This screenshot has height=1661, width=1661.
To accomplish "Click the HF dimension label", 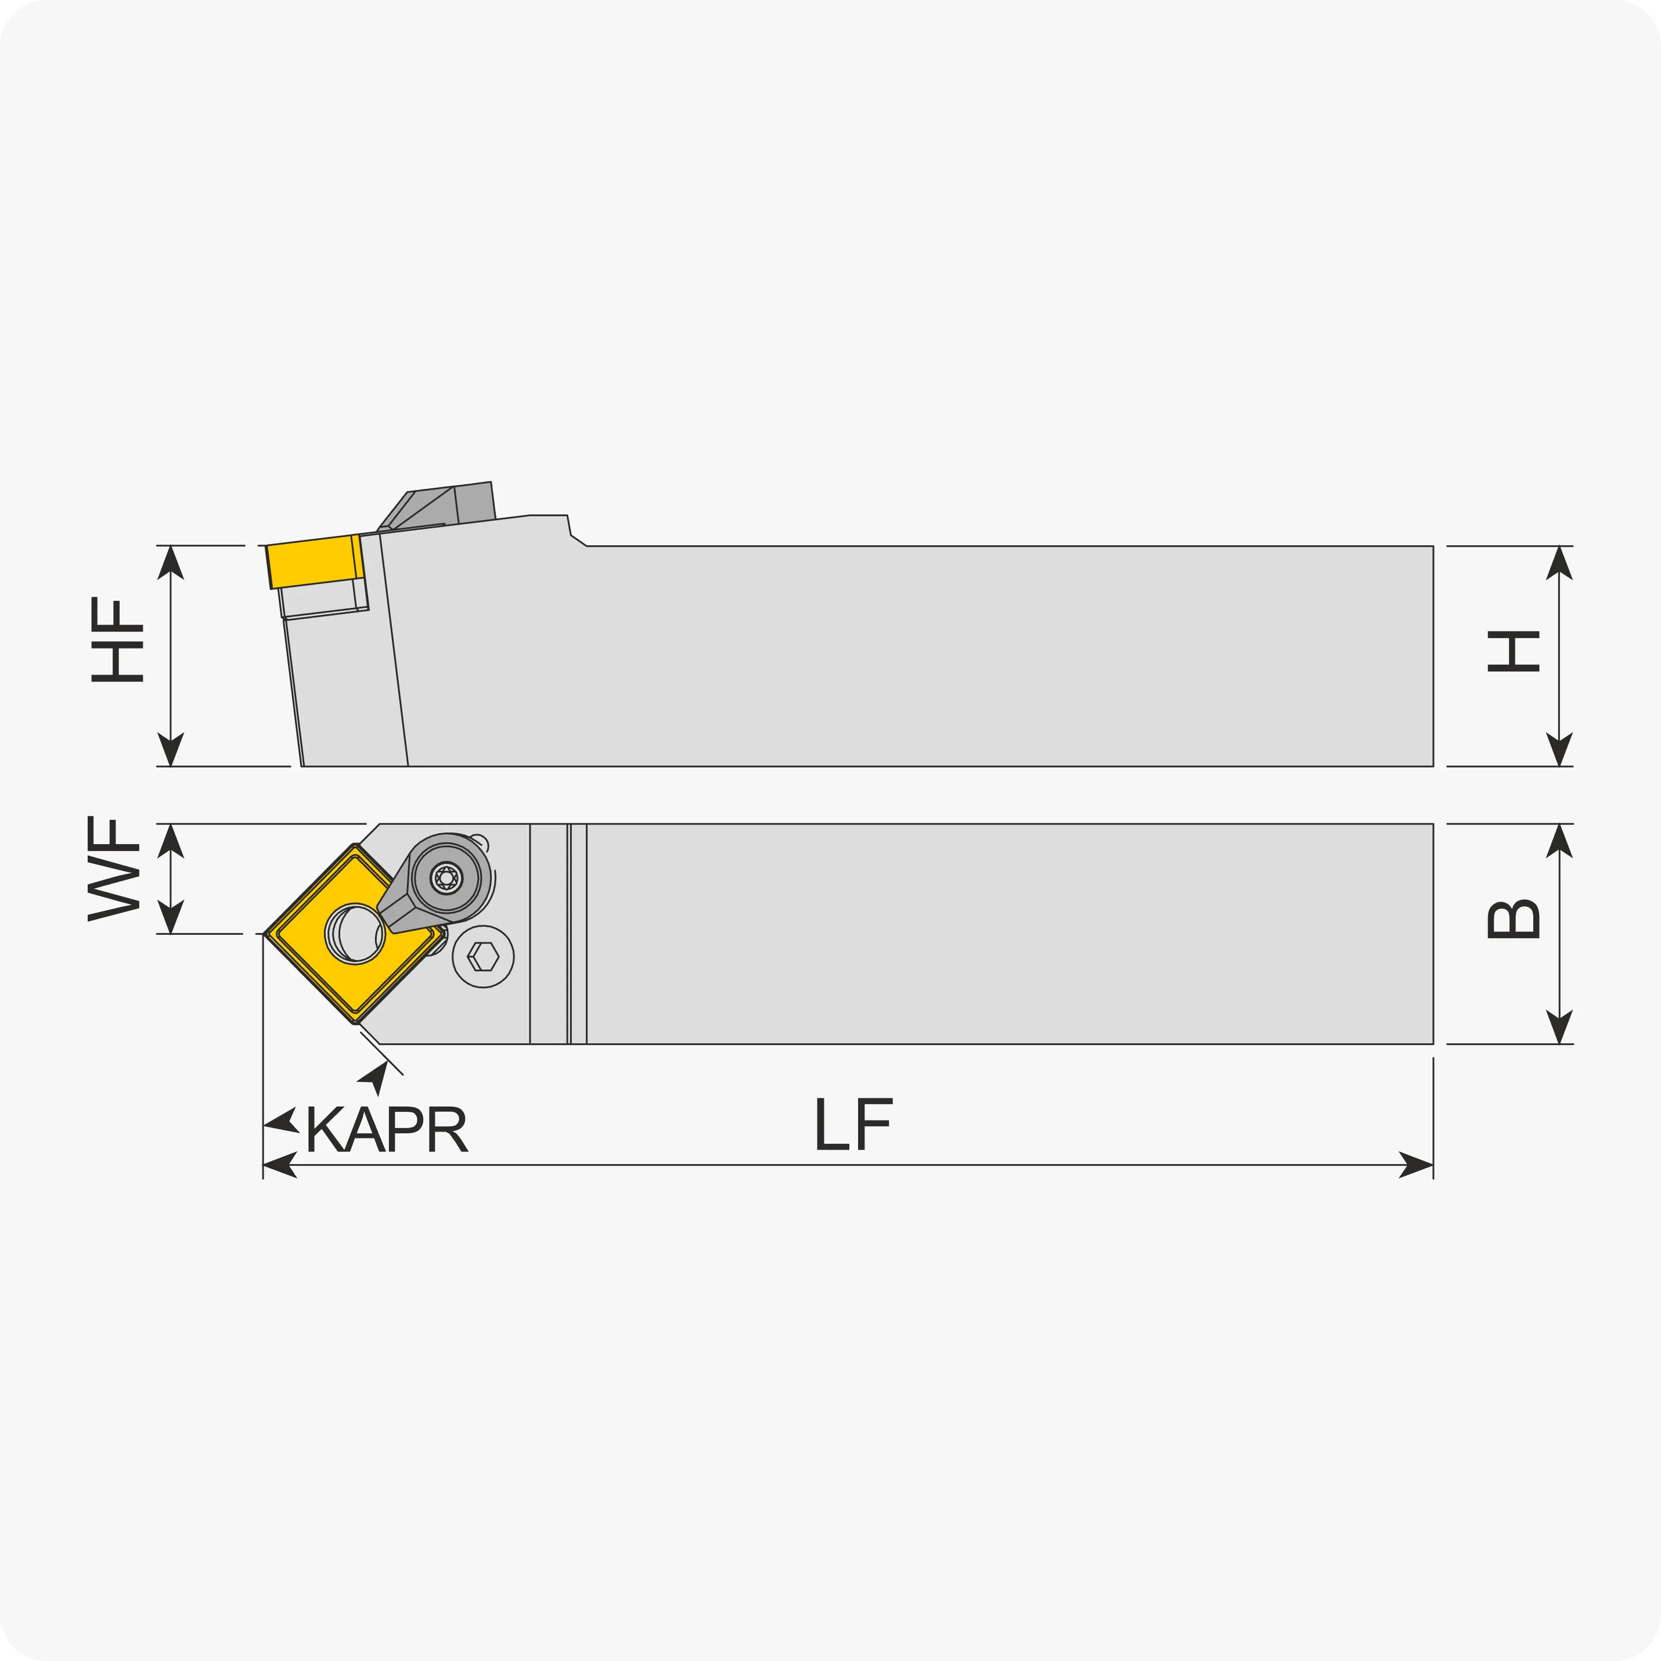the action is pos(117,640).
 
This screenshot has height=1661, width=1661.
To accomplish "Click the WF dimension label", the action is pos(113,869).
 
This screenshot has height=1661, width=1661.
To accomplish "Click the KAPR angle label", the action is pos(386,1129).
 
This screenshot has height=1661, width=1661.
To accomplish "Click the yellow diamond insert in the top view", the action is pos(354,934).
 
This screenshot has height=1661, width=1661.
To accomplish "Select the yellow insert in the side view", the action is pos(315,561).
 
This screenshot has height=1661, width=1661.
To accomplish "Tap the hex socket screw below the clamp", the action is pos(483,956).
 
